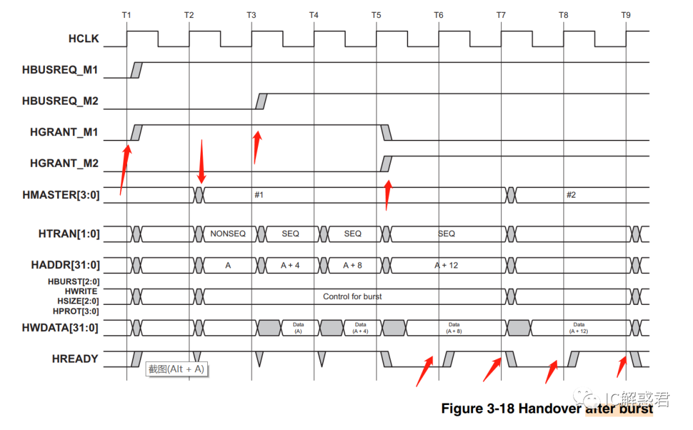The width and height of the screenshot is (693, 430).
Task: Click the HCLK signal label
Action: [83, 39]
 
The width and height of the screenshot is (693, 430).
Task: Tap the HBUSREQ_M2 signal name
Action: [60, 101]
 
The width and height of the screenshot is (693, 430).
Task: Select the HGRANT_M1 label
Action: [64, 132]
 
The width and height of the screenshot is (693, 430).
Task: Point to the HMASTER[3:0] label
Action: [60, 194]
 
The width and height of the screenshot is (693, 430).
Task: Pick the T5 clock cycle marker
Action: [376, 14]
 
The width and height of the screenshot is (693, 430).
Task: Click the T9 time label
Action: [626, 14]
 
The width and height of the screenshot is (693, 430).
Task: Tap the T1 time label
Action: [126, 14]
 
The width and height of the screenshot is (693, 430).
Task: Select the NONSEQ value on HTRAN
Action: [228, 234]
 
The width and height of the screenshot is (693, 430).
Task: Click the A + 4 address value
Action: [290, 265]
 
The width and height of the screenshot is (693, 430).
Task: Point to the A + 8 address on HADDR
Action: [352, 265]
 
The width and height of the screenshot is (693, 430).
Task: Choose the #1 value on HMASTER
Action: [259, 194]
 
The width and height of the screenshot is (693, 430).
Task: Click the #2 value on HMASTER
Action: [570, 194]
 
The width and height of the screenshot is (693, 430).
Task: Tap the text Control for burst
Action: [352, 297]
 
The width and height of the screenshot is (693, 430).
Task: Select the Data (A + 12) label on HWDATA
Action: [579, 328]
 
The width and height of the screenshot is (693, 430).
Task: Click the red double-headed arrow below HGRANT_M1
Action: [201, 161]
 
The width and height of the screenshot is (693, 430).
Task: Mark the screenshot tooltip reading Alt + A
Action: [177, 369]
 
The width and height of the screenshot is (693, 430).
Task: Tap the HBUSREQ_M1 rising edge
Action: [135, 70]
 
